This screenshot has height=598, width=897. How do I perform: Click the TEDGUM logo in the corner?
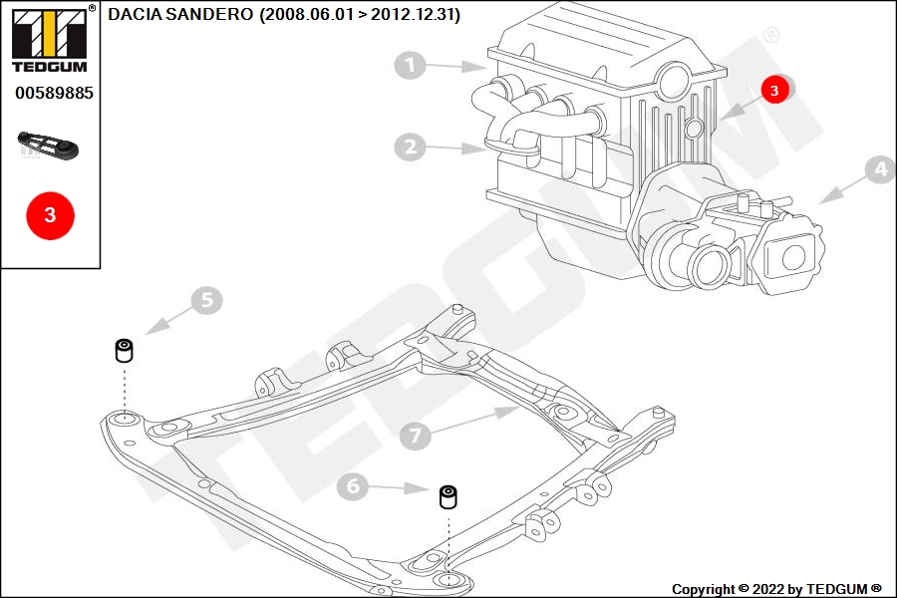click(50, 40)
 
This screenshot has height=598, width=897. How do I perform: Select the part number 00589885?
click(55, 94)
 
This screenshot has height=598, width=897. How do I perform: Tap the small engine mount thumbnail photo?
click(49, 146)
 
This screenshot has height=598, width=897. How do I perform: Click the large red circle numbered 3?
click(51, 215)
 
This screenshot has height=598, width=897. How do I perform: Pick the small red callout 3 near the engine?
click(774, 90)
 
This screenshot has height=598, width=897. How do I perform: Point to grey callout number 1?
click(410, 65)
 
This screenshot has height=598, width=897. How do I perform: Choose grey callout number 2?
click(411, 148)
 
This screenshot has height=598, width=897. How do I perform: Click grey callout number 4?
click(880, 169)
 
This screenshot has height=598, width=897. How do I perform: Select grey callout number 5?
click(206, 300)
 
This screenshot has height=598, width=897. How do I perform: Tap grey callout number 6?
click(353, 485)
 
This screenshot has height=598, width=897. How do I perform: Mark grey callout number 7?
click(416, 435)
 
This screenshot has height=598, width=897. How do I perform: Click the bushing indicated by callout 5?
click(125, 350)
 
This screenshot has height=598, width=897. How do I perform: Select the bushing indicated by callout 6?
click(448, 496)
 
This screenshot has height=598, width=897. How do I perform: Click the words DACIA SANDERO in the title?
click(180, 14)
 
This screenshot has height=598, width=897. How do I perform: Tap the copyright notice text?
click(776, 589)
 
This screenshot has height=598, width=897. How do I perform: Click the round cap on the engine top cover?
click(675, 80)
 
